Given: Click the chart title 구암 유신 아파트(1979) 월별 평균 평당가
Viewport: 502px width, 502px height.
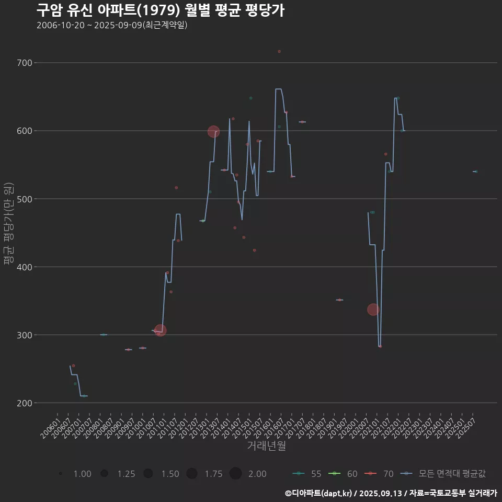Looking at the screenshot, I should (x=160, y=10).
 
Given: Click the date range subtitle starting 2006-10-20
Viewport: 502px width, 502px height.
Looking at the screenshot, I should (x=112, y=25).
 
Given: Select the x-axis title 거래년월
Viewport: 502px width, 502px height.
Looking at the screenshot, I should (x=266, y=446).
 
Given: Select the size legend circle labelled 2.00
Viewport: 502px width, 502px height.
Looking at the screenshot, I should (x=235, y=474).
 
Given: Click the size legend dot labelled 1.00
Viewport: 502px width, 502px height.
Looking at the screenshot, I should (x=61, y=474).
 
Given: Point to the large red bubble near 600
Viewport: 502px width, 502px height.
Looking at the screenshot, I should (x=213, y=132).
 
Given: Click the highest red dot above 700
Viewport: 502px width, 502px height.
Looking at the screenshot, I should (x=279, y=51).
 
